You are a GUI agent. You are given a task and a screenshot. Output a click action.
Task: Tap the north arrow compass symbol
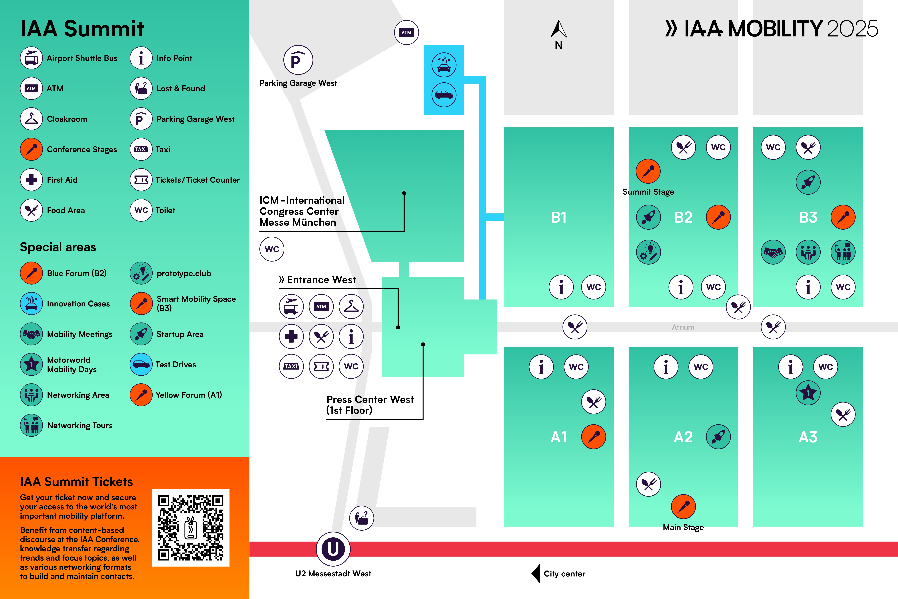pos(559,30)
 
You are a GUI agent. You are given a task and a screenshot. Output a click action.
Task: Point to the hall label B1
pos(559,217)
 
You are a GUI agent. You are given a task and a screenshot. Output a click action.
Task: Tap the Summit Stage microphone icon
pos(648,171)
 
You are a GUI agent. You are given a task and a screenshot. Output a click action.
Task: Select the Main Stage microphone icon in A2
pos(683,507)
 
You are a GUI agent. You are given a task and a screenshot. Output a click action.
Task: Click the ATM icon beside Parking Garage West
pos(406,32)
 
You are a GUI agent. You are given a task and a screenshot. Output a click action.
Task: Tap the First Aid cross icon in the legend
pos(31,180)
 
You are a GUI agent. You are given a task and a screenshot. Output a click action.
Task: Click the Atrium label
pos(683,327)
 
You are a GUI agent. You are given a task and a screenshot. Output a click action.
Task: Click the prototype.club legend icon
pos(141,273)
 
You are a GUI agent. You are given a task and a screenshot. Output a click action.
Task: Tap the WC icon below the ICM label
pos(272,249)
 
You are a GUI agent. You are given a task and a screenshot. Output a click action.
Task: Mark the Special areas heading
pos(58,247)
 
